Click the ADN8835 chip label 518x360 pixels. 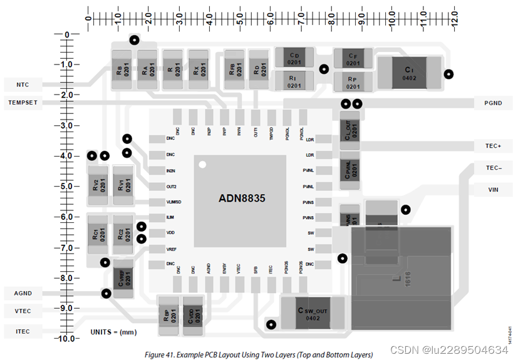tap(242, 198)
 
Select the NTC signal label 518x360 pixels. tap(23, 85)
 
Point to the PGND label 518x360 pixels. tap(493, 103)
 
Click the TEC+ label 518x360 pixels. tap(493, 146)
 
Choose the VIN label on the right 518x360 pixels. tap(493, 189)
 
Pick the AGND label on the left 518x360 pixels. tap(23, 293)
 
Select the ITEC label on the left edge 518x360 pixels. tap(23, 331)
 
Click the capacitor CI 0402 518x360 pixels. tap(408, 73)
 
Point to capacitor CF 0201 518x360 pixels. tap(353, 59)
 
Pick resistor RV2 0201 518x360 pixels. tap(99, 185)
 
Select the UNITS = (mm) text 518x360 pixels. tap(113, 332)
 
